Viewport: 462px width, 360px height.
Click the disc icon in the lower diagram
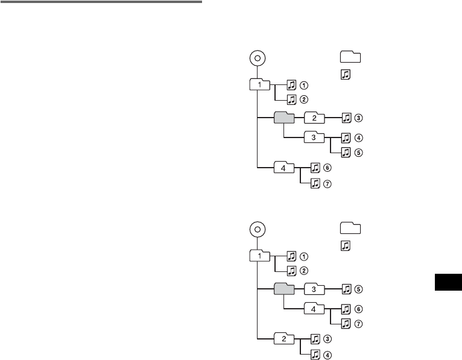tap(258, 230)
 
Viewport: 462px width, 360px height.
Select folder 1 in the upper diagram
tap(260, 84)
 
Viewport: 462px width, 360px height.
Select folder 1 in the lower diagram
tap(260, 256)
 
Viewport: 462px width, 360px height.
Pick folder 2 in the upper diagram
tap(314, 117)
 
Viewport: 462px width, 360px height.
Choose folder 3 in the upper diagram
tap(314, 136)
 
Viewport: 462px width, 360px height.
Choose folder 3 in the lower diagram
tap(314, 288)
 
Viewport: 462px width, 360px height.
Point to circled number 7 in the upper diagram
tap(328, 184)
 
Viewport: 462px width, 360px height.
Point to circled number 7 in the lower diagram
tap(358, 324)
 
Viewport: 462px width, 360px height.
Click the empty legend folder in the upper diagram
tap(350, 57)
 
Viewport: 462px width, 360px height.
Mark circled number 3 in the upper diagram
tap(358, 118)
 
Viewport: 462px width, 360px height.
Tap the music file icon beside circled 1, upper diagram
tap(291, 84)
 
